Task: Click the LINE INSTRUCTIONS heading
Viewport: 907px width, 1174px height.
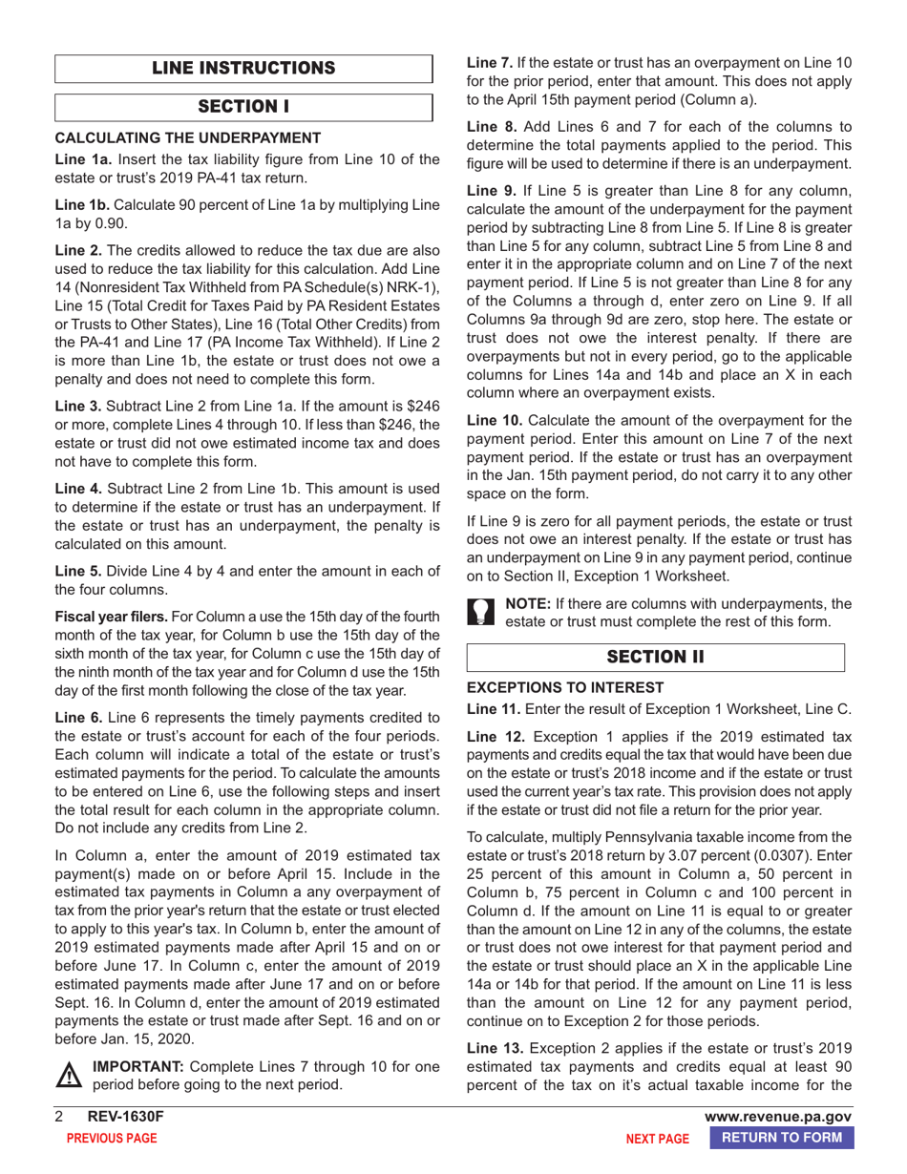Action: [x=243, y=68]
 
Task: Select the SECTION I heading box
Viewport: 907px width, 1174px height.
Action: [x=243, y=106]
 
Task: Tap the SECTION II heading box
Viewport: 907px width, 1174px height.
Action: [x=655, y=657]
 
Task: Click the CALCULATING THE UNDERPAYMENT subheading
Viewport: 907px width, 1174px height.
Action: [x=174, y=138]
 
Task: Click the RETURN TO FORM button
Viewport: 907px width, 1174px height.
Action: [x=783, y=1137]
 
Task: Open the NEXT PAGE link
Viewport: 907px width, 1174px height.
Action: [x=657, y=1138]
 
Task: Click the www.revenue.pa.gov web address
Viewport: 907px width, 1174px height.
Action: [x=777, y=1117]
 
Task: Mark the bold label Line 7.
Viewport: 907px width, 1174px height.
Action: [x=487, y=62]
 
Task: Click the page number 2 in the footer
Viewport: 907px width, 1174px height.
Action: [x=57, y=1117]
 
